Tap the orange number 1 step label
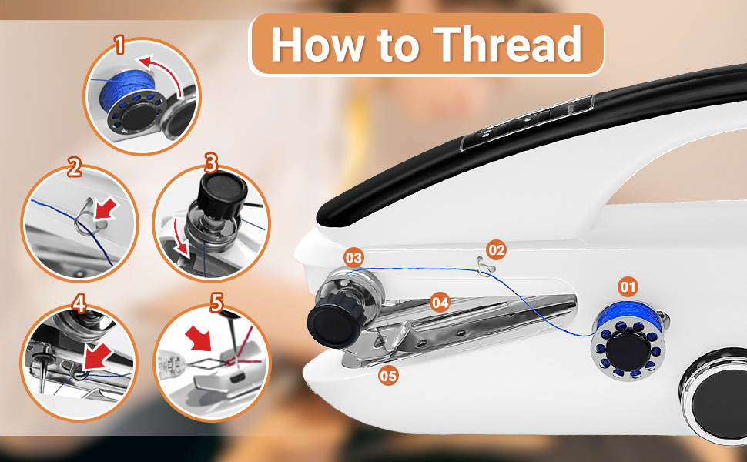pos(119,45)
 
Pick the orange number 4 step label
pos(79,303)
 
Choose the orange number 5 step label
pos(216,303)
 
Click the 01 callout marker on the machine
pos(628,287)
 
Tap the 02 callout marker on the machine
pos(497,249)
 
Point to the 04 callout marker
pos(440,303)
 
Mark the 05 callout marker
pos(389,376)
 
